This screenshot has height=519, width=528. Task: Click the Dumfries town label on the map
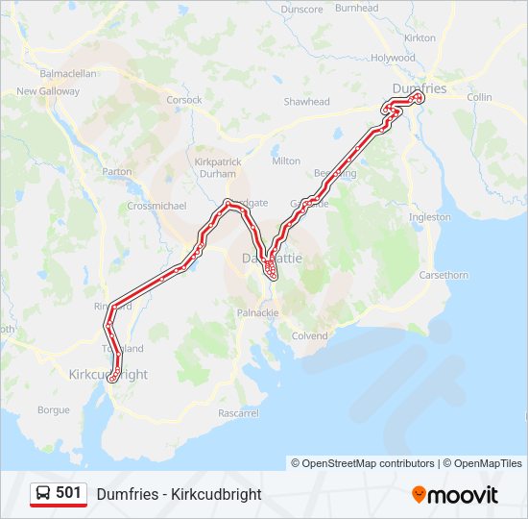420,88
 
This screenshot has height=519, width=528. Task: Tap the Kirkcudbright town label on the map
108,374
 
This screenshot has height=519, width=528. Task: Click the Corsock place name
184,99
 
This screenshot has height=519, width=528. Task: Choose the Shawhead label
306,102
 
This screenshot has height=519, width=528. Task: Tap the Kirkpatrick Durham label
218,167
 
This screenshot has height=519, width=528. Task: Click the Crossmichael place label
156,207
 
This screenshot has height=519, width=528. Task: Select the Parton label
117,172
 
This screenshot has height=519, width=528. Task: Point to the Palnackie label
257,313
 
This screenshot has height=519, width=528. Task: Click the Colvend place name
309,336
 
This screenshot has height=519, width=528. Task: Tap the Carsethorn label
444,275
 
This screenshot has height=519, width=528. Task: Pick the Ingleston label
429,217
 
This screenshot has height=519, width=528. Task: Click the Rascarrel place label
238,413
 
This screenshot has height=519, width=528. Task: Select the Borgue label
53,409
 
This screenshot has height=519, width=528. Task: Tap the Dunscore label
301,9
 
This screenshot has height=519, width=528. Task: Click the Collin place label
479,97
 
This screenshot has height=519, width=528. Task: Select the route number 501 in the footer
68,493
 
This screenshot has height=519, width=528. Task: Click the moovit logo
455,495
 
